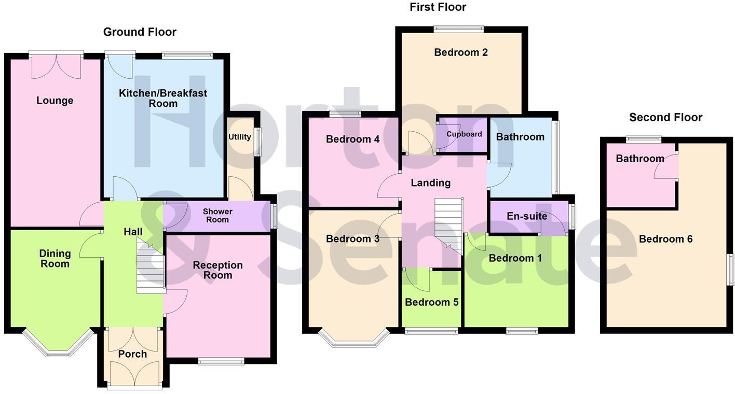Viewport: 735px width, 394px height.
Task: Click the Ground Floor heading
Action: pos(140,32)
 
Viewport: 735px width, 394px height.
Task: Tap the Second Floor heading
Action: pos(665,118)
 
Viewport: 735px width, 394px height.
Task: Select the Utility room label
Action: pos(239,137)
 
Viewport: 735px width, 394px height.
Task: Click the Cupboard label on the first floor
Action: pos(464,134)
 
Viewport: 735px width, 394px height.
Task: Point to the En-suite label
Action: pos(527,216)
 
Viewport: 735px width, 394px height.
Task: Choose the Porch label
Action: pos(132,355)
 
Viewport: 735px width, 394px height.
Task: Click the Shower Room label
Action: pos(217,216)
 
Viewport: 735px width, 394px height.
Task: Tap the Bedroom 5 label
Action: pos(431,302)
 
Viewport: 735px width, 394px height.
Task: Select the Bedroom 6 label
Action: pos(665,239)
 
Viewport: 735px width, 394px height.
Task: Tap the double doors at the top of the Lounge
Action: pos(56,66)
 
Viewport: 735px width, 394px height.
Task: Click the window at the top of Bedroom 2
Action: pos(459,29)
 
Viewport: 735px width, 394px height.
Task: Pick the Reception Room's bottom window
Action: pos(221,361)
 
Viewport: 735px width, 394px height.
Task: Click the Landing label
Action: pos(430,183)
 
